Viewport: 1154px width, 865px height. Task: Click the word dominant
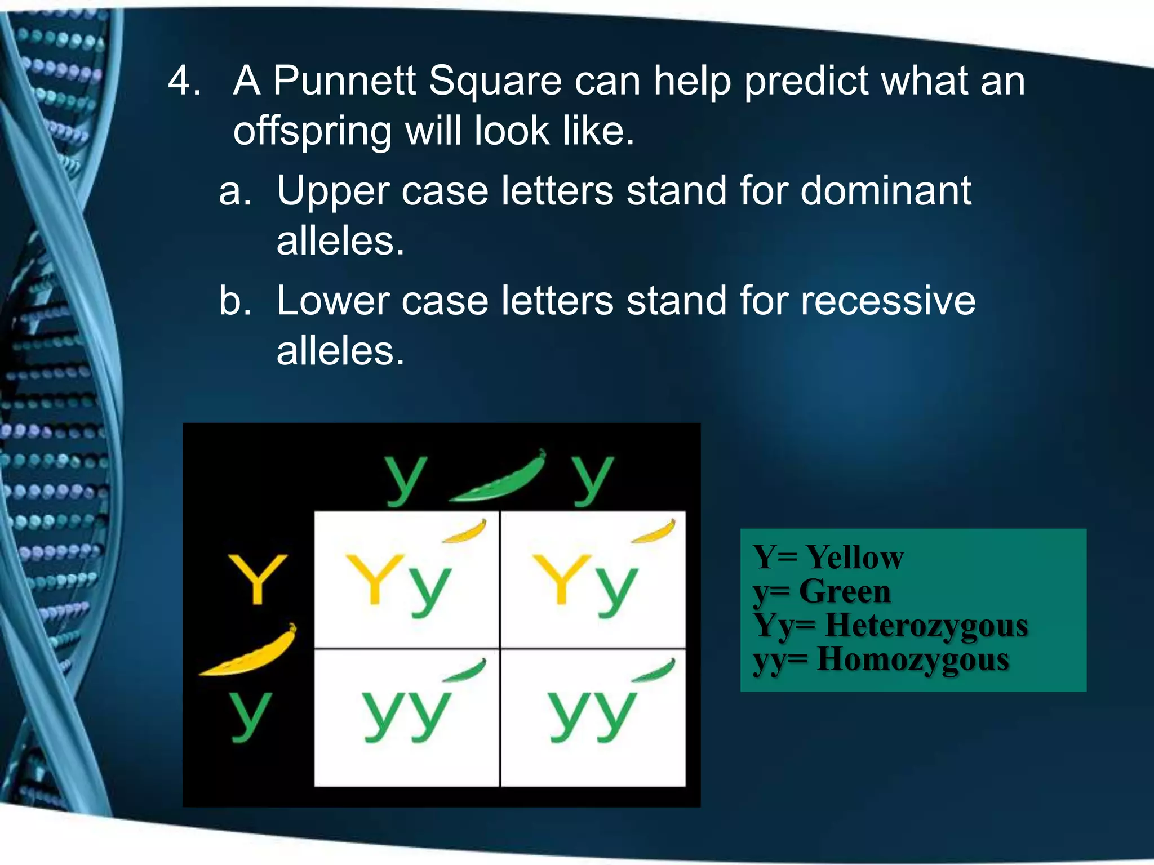click(886, 190)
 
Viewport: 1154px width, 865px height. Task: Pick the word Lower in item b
click(332, 300)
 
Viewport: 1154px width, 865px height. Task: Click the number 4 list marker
click(184, 81)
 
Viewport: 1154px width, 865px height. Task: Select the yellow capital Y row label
click(258, 578)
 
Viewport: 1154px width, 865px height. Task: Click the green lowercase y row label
click(250, 715)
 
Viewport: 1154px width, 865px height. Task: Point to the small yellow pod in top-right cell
click(654, 531)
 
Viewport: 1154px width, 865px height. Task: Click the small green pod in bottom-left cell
click(465, 670)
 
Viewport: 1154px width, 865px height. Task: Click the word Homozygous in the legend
click(913, 659)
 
